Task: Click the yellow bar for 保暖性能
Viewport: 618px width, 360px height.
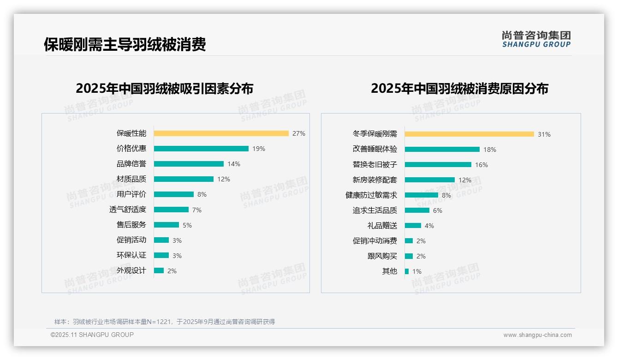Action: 221,133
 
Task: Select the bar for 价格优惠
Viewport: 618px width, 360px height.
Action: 201,149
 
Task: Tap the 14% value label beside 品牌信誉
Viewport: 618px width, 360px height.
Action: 234,164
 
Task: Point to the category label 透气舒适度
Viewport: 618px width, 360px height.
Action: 128,210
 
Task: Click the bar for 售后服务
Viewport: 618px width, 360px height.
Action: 166,225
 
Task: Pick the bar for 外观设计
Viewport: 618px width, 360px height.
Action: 159,270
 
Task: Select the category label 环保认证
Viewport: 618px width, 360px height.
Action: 131,255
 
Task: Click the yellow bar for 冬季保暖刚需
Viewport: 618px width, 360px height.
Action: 469,134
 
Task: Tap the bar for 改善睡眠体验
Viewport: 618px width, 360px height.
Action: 442,150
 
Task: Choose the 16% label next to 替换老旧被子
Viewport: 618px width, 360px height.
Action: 481,165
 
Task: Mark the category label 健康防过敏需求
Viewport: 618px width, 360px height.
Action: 371,195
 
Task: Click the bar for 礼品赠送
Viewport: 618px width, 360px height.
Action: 413,226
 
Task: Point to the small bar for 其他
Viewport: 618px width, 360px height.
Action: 407,271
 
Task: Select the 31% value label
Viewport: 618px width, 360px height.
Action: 544,134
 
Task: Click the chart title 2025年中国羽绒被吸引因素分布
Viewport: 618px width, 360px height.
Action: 165,89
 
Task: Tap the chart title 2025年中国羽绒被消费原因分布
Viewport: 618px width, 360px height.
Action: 459,89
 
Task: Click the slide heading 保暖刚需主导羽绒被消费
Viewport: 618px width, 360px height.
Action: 125,44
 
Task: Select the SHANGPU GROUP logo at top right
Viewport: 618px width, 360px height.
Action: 536,39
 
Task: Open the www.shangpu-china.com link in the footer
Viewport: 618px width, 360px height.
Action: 537,335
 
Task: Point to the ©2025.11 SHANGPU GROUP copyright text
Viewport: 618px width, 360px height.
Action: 92,335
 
